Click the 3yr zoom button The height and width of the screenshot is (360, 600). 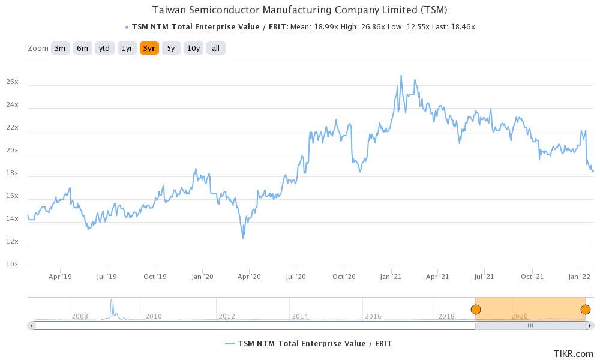(x=149, y=49)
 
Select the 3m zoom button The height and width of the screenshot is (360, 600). (x=59, y=49)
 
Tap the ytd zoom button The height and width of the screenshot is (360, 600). (x=104, y=49)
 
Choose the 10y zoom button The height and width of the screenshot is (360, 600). (x=193, y=49)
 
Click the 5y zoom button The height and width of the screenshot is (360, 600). (x=171, y=49)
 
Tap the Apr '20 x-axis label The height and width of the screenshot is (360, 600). (x=249, y=277)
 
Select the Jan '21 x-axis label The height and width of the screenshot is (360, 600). (x=391, y=277)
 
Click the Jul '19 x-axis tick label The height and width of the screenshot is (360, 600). (x=106, y=277)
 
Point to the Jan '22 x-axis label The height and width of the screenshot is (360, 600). (x=580, y=277)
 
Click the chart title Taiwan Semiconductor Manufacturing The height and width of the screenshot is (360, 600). (x=300, y=10)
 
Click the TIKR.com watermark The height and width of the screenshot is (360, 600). (x=574, y=353)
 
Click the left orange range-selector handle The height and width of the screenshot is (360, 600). (x=476, y=310)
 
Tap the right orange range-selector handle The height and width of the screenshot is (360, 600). (x=586, y=310)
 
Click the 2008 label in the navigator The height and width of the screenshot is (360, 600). (x=80, y=316)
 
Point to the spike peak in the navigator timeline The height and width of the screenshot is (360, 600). (x=111, y=300)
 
